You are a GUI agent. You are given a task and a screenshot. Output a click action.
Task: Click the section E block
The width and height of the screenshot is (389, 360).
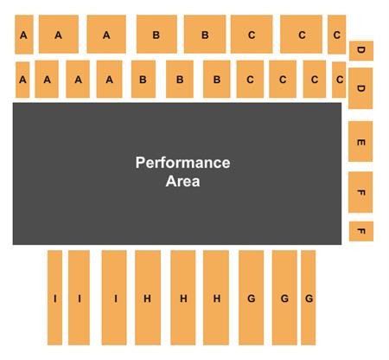360,141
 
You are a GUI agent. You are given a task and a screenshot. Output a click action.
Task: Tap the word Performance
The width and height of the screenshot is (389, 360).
182,163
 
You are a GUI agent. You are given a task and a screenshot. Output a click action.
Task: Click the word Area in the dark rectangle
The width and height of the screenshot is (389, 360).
182,181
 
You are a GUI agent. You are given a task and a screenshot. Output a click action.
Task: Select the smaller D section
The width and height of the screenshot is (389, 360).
361,51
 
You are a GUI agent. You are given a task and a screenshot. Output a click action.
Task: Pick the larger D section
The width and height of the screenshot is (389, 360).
360,88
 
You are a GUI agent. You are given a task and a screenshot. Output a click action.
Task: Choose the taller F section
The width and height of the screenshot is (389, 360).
360,192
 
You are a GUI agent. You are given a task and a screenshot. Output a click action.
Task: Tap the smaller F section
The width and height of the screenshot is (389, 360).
361,231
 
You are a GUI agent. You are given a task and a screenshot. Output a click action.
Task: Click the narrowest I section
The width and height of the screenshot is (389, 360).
54,298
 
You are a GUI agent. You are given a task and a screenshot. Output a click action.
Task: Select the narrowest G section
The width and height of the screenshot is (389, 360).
308,298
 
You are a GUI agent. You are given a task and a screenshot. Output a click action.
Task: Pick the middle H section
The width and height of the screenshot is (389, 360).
183,298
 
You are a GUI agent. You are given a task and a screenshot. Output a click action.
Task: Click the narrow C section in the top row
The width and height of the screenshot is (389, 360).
336,35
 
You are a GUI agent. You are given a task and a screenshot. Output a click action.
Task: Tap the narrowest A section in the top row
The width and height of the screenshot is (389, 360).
24,35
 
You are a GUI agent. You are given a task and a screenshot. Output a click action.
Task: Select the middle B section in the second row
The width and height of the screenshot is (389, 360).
180,79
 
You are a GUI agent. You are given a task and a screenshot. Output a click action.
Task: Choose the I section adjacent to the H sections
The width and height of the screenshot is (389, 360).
114,298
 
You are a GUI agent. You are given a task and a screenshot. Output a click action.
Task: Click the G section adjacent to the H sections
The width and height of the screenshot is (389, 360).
251,298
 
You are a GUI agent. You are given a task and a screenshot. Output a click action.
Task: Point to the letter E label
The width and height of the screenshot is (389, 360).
361,142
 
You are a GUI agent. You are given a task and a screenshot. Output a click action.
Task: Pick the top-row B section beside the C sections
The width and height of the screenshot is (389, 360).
205,35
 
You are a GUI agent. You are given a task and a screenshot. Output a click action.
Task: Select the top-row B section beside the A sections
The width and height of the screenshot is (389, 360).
156,35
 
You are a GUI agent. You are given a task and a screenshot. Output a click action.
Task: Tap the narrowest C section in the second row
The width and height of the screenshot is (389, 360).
339,80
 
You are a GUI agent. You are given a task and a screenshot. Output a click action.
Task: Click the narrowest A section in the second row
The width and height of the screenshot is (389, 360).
22,80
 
